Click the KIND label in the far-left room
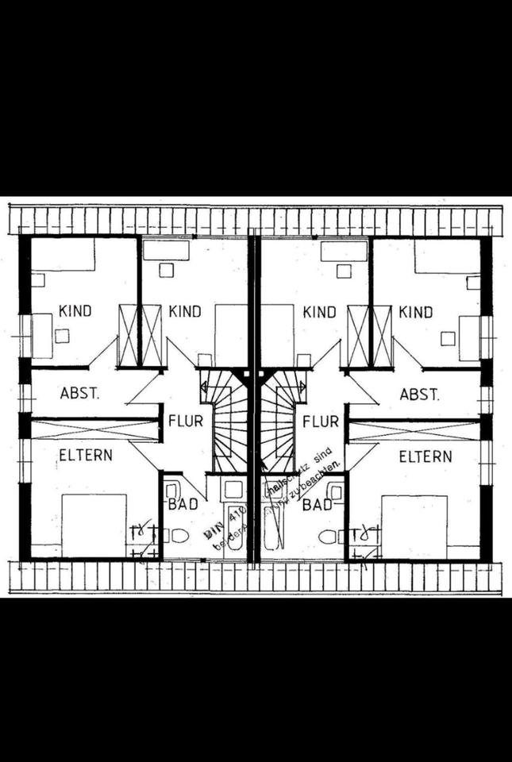tap(75, 310)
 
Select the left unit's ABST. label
tap(79, 394)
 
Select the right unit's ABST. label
tap(418, 394)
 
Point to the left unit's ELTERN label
tap(85, 456)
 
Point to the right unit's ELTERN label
tap(425, 456)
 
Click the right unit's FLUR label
tap(321, 420)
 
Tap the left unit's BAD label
tap(182, 504)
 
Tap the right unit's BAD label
tap(318, 504)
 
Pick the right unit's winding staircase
tap(278, 421)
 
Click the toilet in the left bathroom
tap(178, 537)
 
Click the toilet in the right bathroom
tap(329, 537)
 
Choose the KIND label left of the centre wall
tap(184, 310)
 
